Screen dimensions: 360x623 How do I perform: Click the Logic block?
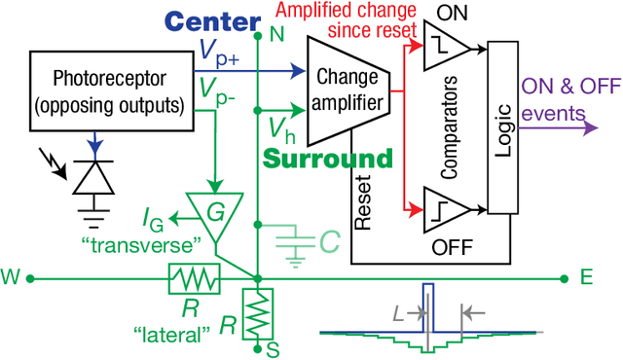500,126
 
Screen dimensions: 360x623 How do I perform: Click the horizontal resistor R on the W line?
192,279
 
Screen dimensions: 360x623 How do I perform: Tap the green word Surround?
332,158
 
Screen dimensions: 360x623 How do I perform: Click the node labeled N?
257,37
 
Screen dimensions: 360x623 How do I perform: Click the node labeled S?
257,345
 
